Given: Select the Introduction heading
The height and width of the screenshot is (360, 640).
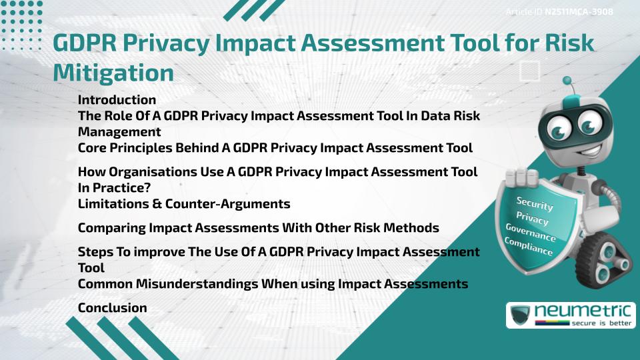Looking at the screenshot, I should tap(117, 100).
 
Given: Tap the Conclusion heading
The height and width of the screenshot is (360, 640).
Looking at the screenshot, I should tap(112, 307).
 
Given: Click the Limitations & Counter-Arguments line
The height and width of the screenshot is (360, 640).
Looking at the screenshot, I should tap(184, 203).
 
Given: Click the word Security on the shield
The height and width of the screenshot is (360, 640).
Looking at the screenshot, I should tap(534, 204).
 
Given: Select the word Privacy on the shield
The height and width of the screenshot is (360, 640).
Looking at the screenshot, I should tap(532, 219).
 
